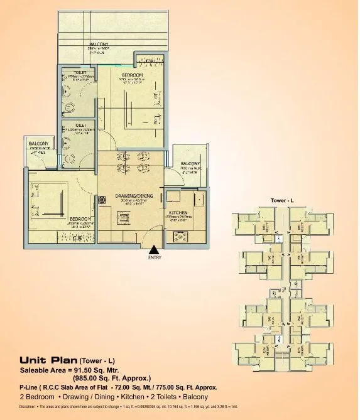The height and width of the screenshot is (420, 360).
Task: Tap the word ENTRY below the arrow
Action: [x=155, y=257]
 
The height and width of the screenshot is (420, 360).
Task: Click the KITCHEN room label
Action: [x=178, y=213]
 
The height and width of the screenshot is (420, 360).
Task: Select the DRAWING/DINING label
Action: [x=130, y=196]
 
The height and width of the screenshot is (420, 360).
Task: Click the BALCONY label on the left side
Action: [x=38, y=144]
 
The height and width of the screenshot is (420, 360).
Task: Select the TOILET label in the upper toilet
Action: [x=80, y=72]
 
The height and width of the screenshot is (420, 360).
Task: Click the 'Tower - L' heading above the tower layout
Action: [x=282, y=200]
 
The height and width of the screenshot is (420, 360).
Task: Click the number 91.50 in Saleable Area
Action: [x=94, y=370]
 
